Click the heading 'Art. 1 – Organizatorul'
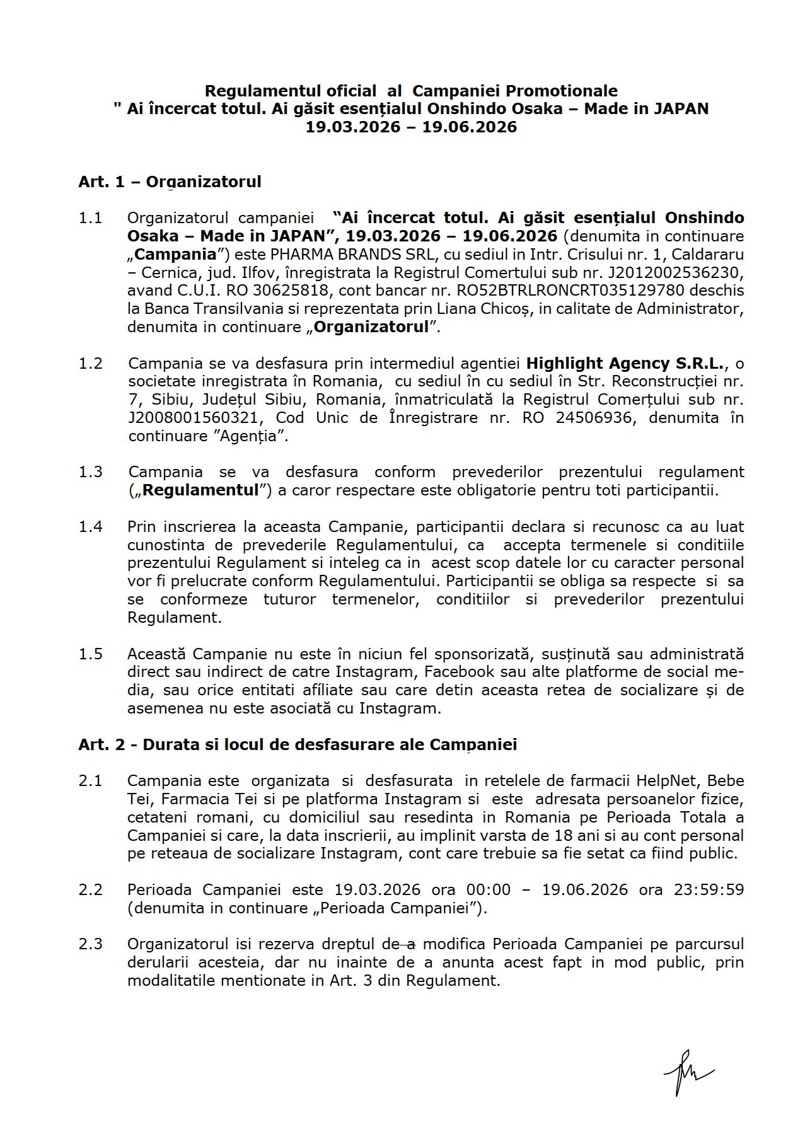[x=170, y=182]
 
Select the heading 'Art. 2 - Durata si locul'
[x=297, y=744]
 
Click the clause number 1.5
[x=90, y=654]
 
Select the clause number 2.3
[x=90, y=944]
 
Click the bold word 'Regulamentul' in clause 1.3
[x=200, y=490]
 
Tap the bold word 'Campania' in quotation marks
[x=175, y=254]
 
